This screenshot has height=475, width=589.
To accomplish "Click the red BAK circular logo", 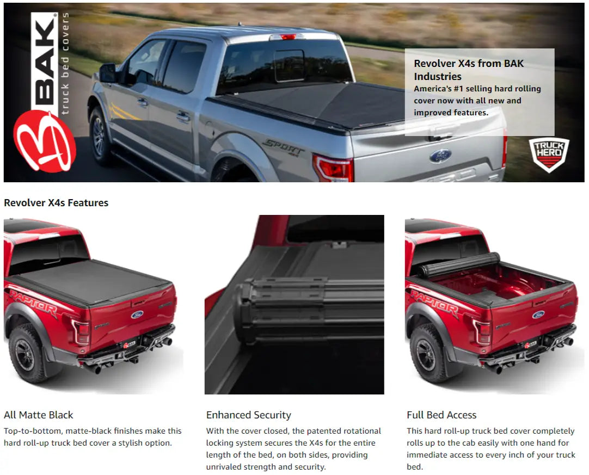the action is click(x=44, y=141).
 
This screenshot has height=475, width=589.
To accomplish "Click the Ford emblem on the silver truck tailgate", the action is click(x=440, y=156).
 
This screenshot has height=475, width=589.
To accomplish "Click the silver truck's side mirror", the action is click(x=108, y=73).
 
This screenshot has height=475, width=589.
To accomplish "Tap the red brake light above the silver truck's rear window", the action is click(x=288, y=37).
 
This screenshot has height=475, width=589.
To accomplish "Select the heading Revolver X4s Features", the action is click(x=56, y=203).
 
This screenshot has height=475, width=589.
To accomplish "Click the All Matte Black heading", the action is click(x=38, y=415).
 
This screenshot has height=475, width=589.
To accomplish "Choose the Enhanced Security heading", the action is click(x=249, y=415).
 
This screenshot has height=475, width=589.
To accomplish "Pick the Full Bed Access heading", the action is click(x=441, y=415).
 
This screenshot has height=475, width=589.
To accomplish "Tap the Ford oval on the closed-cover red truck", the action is click(x=137, y=314).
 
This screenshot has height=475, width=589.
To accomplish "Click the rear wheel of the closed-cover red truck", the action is click(x=26, y=354).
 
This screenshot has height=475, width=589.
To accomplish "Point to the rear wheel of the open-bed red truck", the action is click(x=427, y=354).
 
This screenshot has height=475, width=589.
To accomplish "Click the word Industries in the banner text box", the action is click(x=438, y=77).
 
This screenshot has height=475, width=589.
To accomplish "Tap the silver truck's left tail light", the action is click(x=333, y=168).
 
